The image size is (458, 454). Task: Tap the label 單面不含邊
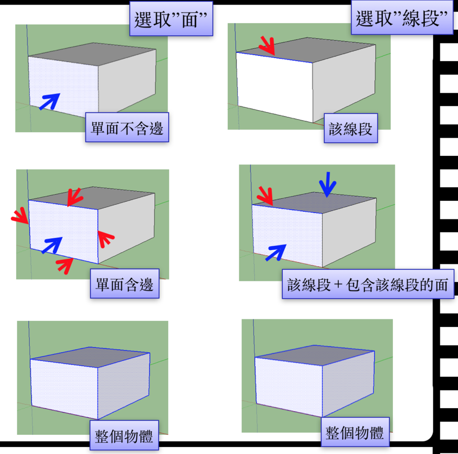coord(127,128)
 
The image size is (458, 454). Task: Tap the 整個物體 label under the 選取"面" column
coord(124,435)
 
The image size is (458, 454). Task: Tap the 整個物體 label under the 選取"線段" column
coord(355,432)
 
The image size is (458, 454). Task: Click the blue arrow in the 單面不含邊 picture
coord(49,101)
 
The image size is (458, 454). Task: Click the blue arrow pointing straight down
coord(328,185)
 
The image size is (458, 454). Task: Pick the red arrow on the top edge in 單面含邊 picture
coord(75,197)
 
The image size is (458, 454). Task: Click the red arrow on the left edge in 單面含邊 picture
coord(20,217)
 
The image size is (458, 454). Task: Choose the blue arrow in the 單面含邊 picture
coord(52,245)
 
